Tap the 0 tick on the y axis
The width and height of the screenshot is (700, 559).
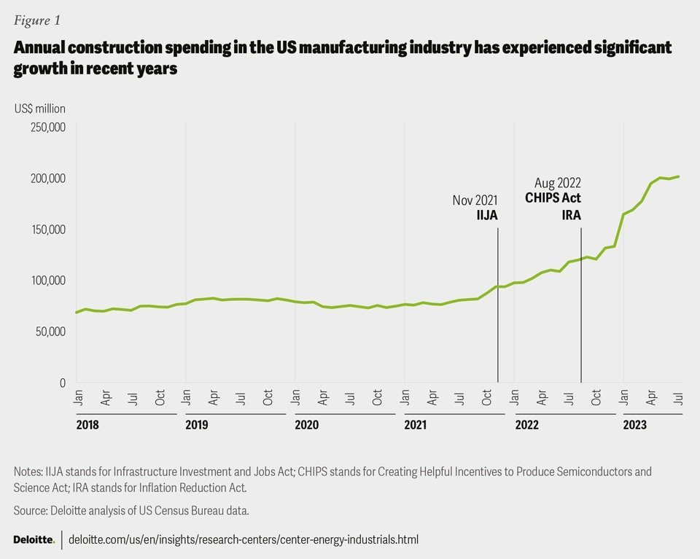(x=63, y=383)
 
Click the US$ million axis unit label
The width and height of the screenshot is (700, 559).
(x=39, y=109)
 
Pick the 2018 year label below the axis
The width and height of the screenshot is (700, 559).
(x=87, y=424)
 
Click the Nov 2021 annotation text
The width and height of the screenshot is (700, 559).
(x=475, y=201)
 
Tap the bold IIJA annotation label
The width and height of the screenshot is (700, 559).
(x=487, y=216)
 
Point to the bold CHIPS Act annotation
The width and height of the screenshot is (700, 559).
(x=554, y=198)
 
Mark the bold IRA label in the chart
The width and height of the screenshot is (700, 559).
(x=571, y=216)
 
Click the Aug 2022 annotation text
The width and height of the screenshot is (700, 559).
(x=558, y=183)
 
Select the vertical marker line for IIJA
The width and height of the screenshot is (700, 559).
(x=498, y=306)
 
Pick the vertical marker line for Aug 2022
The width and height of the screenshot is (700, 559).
(x=581, y=306)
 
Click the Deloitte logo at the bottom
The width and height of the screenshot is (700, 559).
(x=34, y=539)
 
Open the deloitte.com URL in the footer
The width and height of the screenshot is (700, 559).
(x=244, y=540)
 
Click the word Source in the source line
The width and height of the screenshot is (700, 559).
(x=31, y=510)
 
